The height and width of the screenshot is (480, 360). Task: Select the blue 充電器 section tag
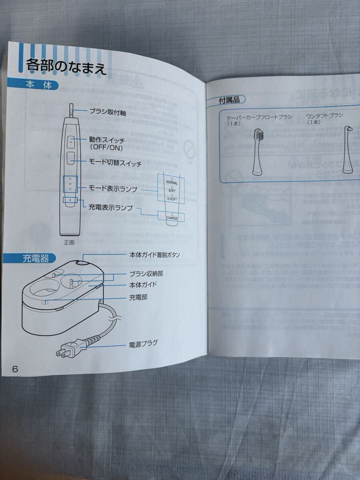(x=36, y=258)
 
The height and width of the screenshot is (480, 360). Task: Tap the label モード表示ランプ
(x=113, y=188)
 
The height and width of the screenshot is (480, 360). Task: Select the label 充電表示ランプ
(x=110, y=207)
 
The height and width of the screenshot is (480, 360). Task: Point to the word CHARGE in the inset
(x=172, y=218)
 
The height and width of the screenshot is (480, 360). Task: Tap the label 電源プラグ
(x=143, y=343)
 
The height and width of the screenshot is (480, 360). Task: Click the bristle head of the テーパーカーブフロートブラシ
(x=259, y=135)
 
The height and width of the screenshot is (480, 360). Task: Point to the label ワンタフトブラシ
(x=324, y=116)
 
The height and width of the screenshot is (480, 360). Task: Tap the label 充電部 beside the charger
(x=138, y=298)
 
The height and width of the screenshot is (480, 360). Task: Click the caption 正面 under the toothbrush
(x=69, y=242)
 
